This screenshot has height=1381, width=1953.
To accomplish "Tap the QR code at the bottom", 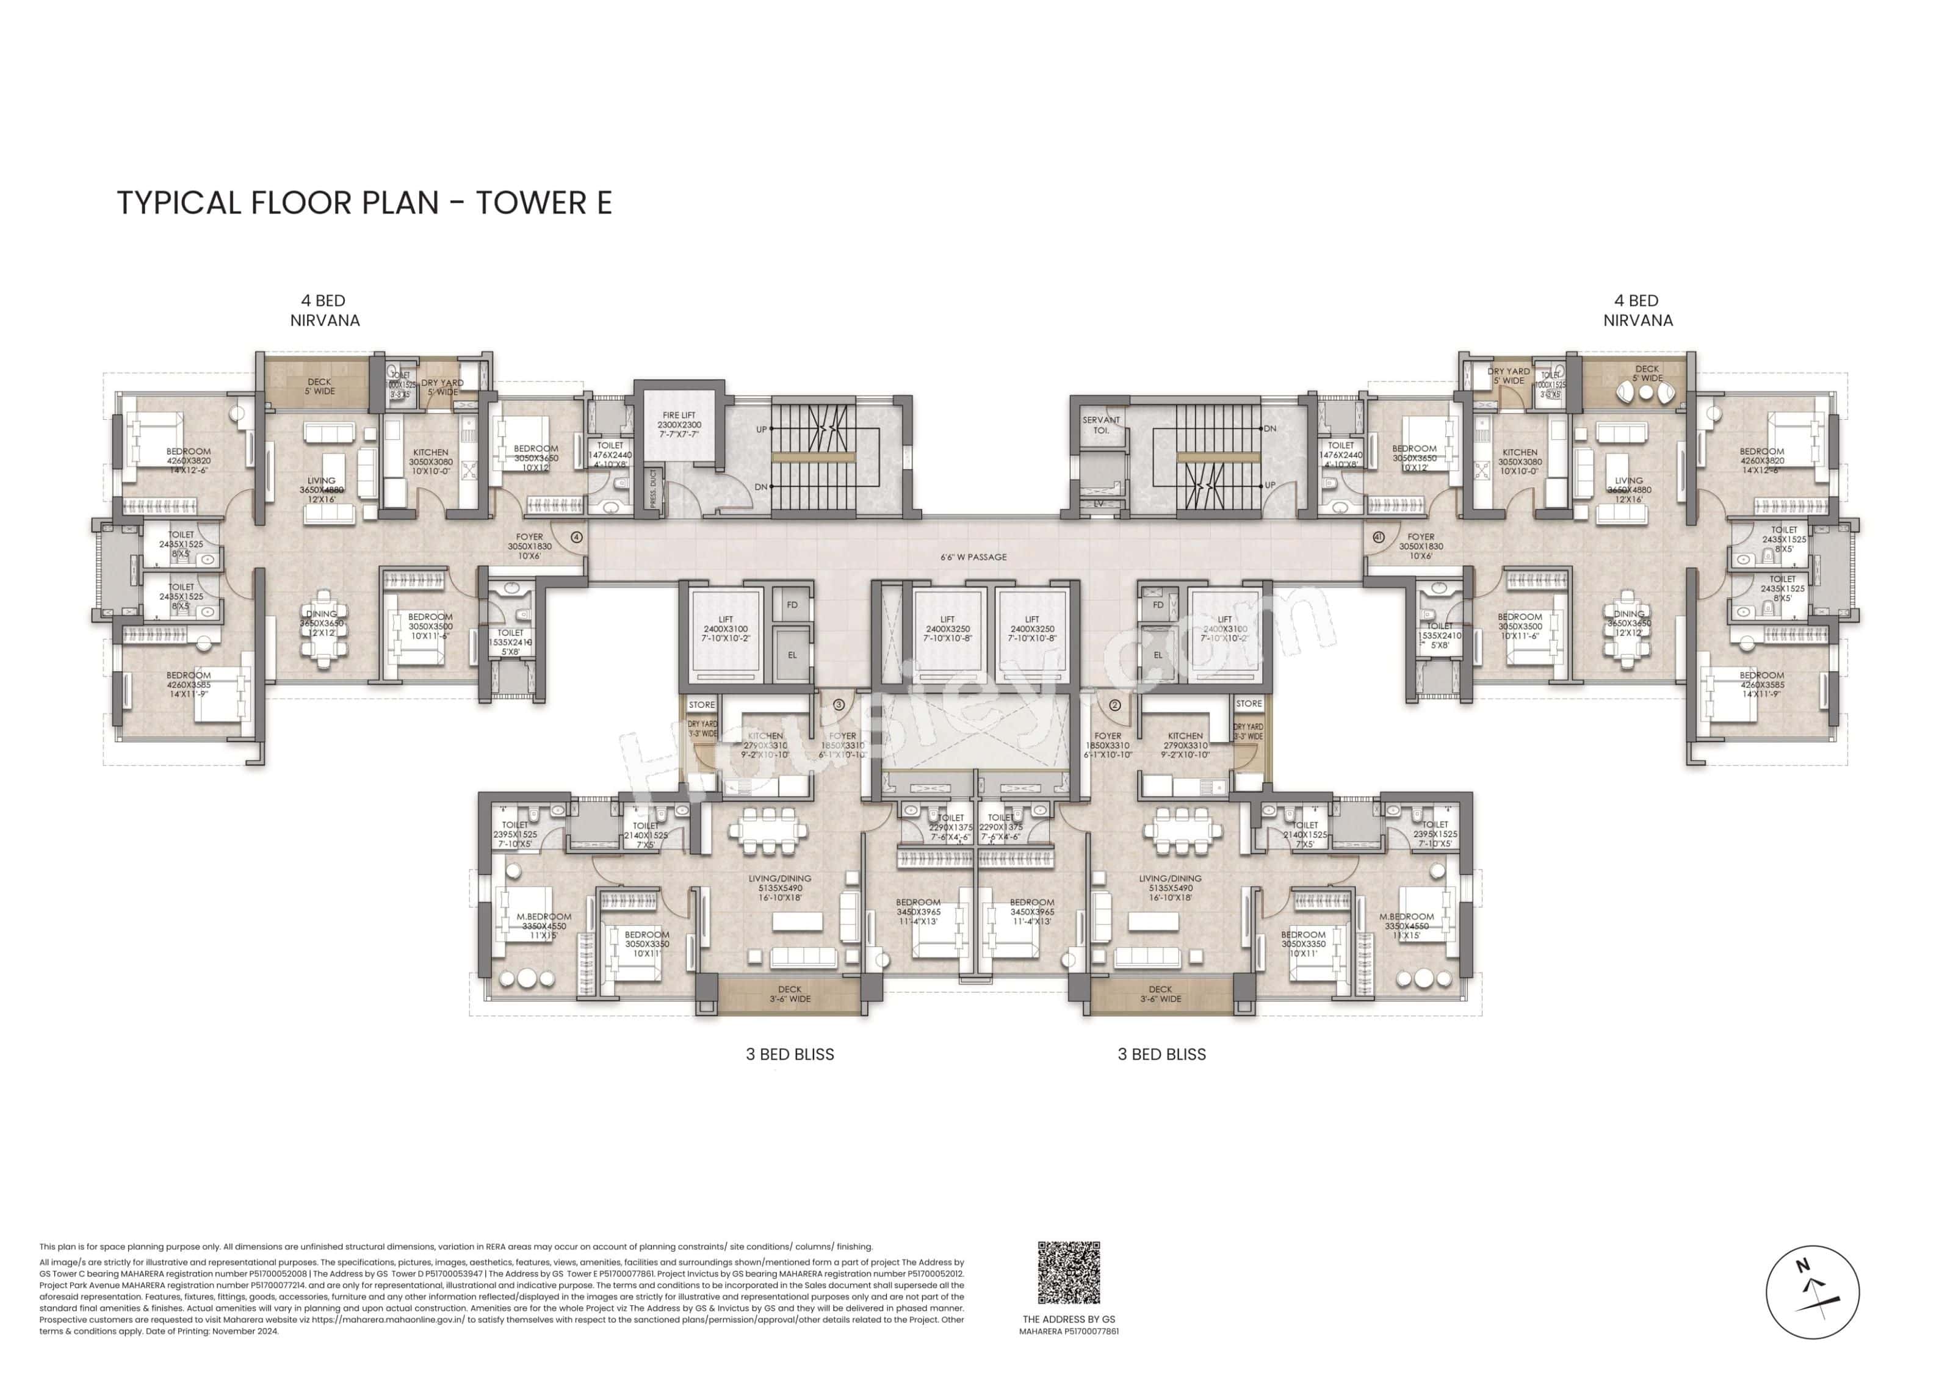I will tap(1069, 1272).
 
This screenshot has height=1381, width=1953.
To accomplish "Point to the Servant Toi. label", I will tap(1100, 424).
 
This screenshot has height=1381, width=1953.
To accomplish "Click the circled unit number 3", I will tap(839, 704).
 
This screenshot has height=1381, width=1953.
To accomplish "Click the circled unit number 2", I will tap(1114, 704).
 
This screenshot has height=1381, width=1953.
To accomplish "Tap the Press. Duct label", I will tap(653, 490).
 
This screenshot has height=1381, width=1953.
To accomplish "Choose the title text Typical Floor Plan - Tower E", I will tap(364, 203).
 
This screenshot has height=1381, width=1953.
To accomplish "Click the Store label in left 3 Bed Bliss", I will tap(702, 704).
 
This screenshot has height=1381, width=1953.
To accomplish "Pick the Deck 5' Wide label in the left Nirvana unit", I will tap(320, 387).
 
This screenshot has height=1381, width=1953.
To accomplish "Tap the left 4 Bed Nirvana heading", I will tap(324, 311).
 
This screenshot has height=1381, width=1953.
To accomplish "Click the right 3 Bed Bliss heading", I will tap(1161, 1055).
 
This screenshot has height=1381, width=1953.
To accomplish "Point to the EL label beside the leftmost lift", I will tap(792, 655).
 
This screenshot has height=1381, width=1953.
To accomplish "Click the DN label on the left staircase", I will tap(761, 486).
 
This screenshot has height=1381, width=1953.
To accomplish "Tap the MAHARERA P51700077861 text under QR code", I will tap(1069, 1332).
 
